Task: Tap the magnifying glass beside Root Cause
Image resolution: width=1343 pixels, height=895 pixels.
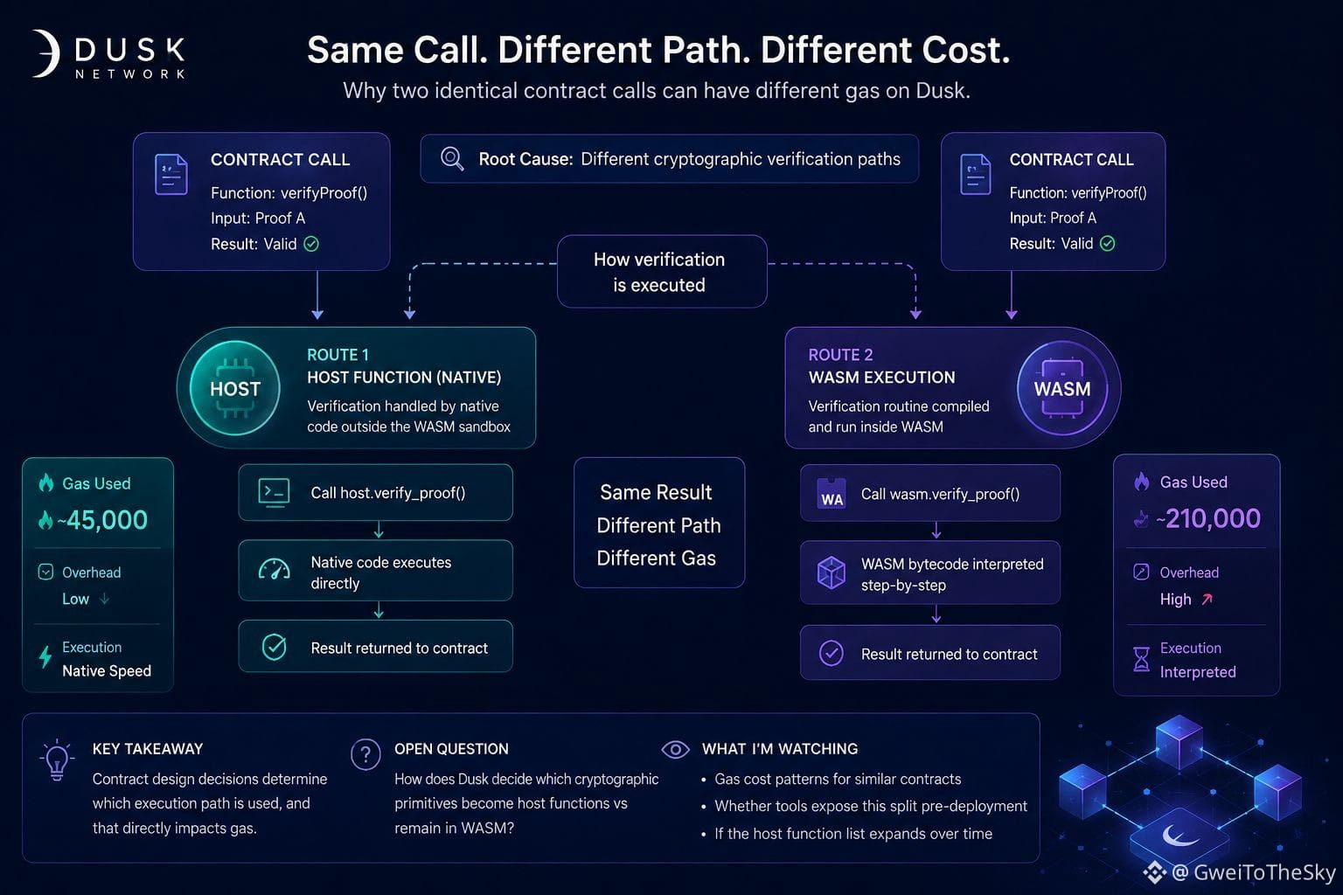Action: tap(452, 159)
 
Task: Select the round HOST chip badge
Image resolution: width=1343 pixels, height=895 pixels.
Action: tap(234, 388)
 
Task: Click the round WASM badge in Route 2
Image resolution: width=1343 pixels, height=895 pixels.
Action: tap(1061, 388)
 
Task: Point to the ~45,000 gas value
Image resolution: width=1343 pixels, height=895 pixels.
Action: tap(102, 520)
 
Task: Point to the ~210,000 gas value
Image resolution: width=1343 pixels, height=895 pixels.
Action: tap(1208, 518)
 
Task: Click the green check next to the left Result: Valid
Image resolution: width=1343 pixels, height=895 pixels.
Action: tap(311, 244)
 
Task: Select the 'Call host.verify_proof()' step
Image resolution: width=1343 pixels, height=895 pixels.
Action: tap(375, 492)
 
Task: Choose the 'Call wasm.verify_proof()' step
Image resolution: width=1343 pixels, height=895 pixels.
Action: tap(930, 493)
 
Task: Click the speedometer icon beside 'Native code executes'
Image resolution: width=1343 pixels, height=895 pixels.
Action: tap(274, 569)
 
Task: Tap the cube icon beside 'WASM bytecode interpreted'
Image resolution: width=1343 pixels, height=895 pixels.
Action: tap(832, 572)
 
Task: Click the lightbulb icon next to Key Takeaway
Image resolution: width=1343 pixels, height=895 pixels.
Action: tap(57, 760)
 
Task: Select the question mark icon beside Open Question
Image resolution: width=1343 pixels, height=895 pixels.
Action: tap(365, 754)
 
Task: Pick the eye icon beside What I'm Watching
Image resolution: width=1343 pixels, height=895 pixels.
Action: tap(675, 749)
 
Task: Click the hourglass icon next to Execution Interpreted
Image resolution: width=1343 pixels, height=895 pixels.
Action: tap(1142, 659)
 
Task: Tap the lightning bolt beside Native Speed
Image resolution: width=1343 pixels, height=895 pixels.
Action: tap(45, 656)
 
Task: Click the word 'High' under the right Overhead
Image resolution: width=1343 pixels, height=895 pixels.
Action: tap(1175, 600)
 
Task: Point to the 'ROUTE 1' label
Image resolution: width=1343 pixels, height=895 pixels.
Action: tap(337, 355)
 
